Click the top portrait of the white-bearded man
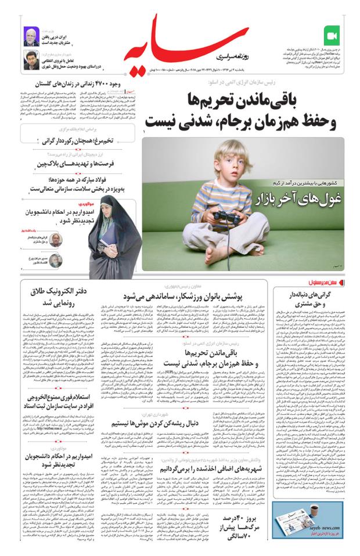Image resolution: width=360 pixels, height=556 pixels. [x=30, y=36]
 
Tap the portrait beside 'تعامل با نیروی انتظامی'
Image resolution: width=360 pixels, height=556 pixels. [x=30, y=60]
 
